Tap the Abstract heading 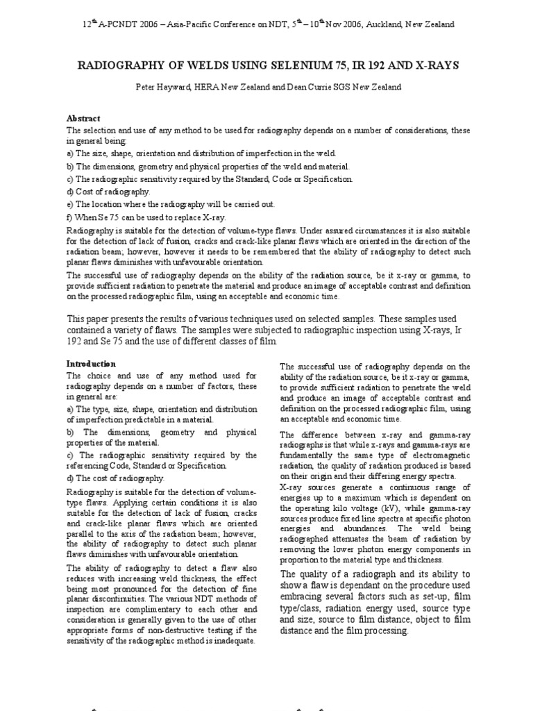tap(83, 119)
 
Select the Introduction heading tap(91, 363)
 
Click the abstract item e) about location tap(171, 203)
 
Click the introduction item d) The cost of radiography tap(115, 478)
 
